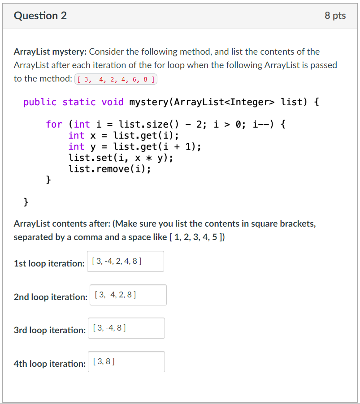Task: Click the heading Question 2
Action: click(x=40, y=16)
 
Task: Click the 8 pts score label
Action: click(x=335, y=16)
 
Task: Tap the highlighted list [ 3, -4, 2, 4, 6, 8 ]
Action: click(x=116, y=80)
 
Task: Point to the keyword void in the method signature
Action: click(x=113, y=102)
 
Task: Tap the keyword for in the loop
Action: click(x=54, y=124)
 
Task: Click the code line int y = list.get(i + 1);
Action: click(x=134, y=146)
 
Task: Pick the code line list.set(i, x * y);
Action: click(x=121, y=158)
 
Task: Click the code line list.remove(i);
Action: click(x=109, y=169)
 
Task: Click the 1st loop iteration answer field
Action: click(x=125, y=261)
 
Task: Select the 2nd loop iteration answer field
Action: click(x=128, y=295)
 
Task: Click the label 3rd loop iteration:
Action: click(x=49, y=330)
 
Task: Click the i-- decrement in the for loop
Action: click(x=262, y=124)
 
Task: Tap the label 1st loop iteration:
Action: click(x=49, y=263)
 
